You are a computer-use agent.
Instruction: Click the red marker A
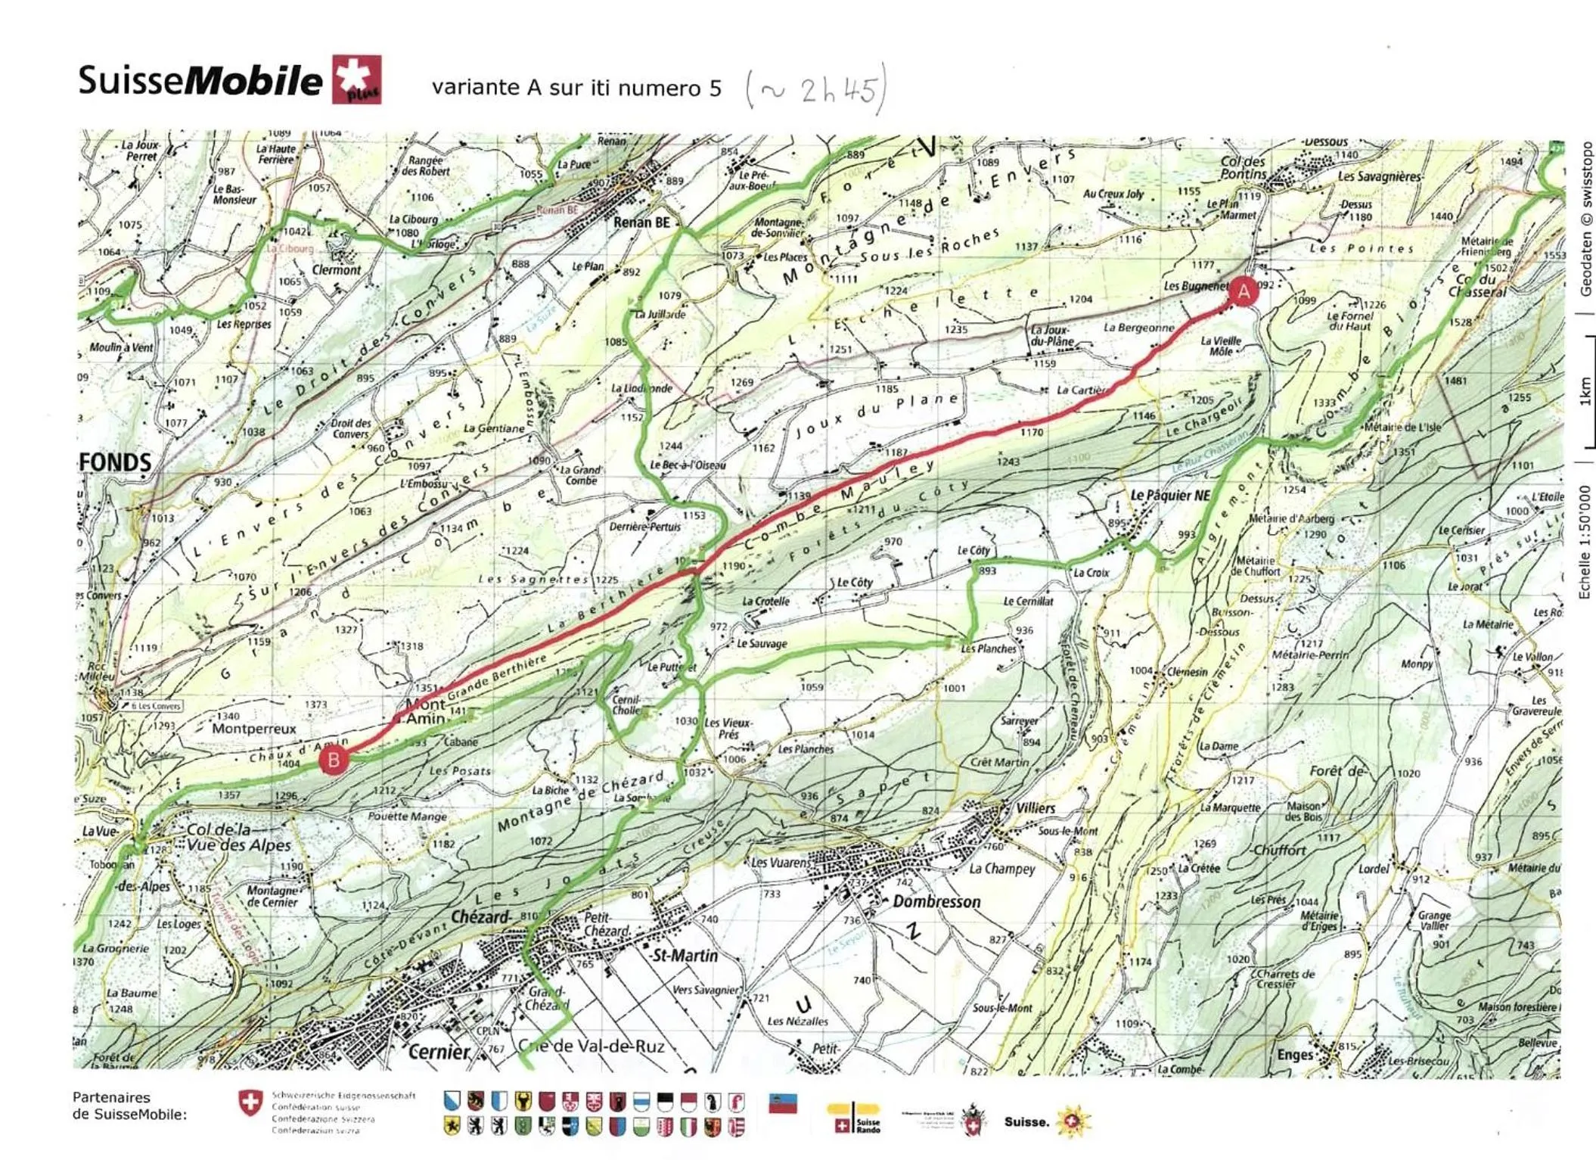[1244, 291]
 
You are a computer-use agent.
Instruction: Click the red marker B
[334, 759]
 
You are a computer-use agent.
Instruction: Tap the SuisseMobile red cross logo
[357, 79]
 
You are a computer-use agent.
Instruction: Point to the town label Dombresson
[936, 901]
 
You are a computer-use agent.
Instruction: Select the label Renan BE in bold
[641, 222]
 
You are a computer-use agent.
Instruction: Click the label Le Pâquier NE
[1170, 495]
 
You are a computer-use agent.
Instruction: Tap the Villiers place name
[1036, 807]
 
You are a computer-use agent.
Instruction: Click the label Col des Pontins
[1243, 167]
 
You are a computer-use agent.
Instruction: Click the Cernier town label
[439, 1051]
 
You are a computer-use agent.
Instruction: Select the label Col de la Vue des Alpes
[238, 837]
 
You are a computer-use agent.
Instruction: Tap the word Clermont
[337, 269]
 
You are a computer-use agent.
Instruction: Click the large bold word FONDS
[115, 462]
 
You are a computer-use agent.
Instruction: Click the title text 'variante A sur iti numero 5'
[576, 88]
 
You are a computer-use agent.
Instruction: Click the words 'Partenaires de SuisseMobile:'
[129, 1106]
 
